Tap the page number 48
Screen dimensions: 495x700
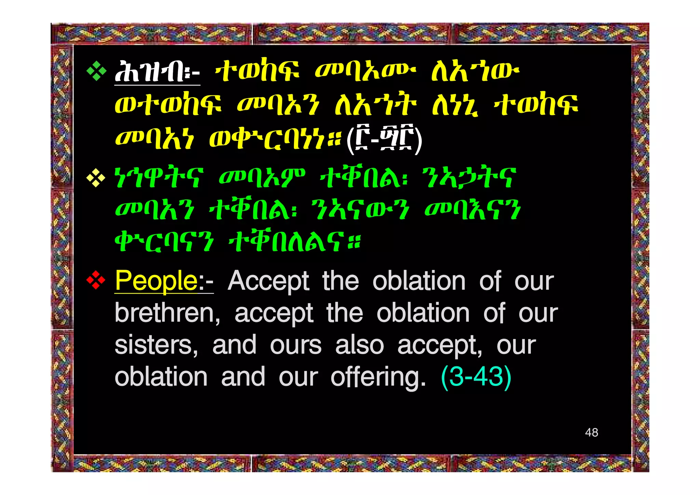[591, 432]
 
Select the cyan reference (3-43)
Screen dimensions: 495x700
[476, 377]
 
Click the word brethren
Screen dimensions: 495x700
[167, 313]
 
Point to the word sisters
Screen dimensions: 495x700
[156, 345]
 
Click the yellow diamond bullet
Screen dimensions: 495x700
[96, 178]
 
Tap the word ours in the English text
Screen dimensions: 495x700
[295, 345]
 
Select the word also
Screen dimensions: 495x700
[359, 345]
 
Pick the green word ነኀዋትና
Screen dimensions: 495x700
[159, 178]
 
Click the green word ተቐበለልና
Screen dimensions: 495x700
[294, 242]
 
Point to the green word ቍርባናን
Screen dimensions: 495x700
[164, 242]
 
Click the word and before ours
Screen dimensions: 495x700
[234, 345]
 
